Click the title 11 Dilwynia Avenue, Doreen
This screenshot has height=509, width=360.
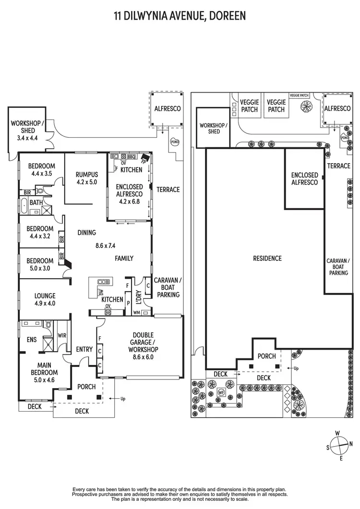(x=180, y=15)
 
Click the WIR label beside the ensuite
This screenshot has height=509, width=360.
(x=61, y=336)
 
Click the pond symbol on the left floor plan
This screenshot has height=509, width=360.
(x=174, y=142)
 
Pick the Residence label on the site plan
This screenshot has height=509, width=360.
(x=267, y=259)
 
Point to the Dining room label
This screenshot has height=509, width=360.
(x=87, y=233)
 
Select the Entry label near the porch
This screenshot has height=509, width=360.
(x=84, y=350)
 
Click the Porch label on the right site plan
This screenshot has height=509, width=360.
(x=266, y=356)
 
